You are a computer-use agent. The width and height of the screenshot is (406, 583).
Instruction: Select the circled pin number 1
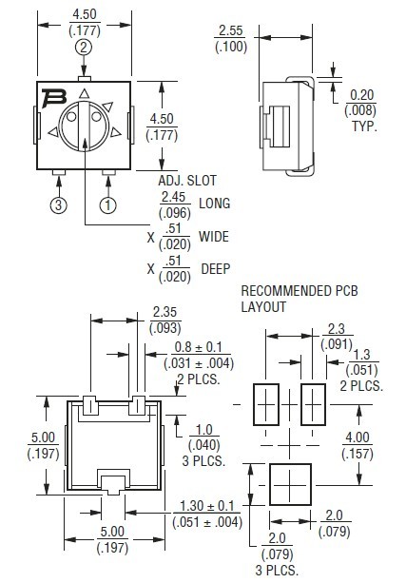click(107, 204)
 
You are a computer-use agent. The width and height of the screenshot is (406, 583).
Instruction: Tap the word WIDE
click(214, 236)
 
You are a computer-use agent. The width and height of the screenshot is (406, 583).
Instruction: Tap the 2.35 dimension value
click(164, 312)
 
